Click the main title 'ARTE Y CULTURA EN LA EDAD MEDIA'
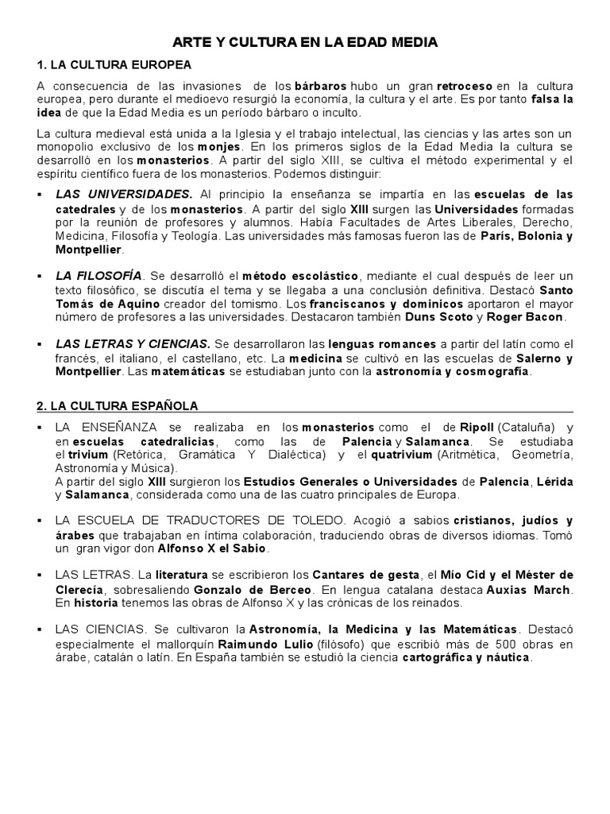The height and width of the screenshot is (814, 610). pos(305,41)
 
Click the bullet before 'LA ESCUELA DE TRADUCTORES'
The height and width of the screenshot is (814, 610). pos(41,521)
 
